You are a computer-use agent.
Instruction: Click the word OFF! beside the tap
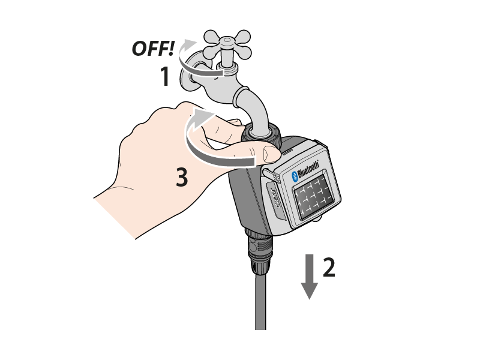coord(153,49)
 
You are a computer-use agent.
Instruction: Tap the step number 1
coord(165,76)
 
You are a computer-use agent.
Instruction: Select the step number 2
coord(329,267)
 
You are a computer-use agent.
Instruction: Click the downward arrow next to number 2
coord(309,277)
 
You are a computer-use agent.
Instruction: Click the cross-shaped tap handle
coord(227,45)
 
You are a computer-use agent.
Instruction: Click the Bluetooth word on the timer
coord(308,170)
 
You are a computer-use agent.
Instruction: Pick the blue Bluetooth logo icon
coord(295,177)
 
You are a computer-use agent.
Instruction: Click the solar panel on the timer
coord(313,197)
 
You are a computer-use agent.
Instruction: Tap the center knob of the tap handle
coord(227,40)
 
